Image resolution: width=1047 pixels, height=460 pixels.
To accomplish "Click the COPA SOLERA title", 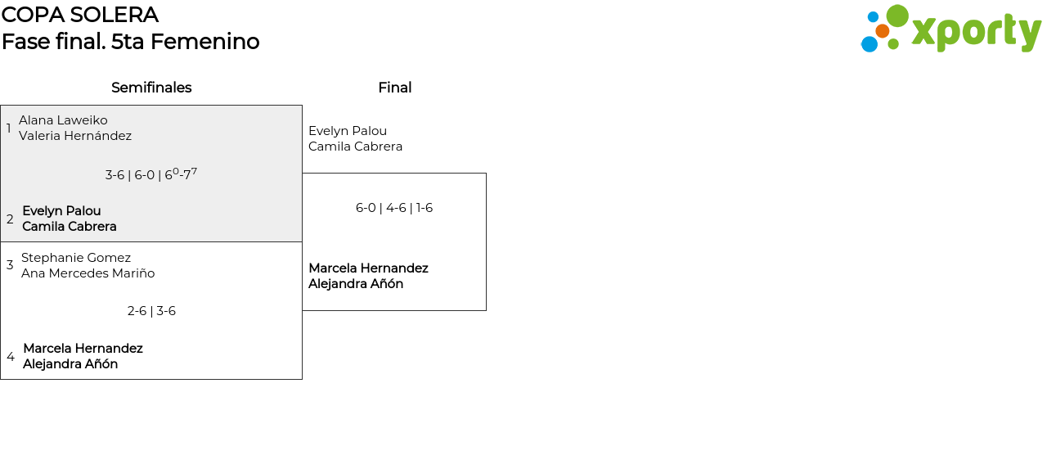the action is tap(80, 15).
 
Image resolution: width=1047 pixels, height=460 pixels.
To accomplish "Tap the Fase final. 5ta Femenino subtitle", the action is tap(130, 42).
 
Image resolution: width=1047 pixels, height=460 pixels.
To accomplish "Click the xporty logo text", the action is tap(977, 32).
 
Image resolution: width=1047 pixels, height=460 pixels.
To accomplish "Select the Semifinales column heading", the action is tap(151, 88).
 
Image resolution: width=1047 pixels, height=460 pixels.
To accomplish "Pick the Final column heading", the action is tap(395, 88).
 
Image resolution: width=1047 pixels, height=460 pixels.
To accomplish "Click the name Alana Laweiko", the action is tap(63, 120).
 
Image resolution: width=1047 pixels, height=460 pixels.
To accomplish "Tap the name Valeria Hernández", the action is tap(75, 136).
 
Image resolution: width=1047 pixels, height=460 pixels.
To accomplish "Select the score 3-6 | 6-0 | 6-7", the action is tap(151, 174).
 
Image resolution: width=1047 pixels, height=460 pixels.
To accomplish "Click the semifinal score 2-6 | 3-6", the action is tap(151, 311).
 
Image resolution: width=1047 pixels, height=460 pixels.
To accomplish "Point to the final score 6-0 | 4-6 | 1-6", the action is tap(394, 208).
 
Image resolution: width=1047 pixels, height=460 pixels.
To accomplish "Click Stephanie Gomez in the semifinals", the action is tap(76, 258).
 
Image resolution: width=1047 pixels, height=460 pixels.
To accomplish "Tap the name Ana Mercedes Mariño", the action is tap(88, 273).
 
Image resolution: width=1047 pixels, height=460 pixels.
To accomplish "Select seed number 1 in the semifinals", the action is tap(8, 128).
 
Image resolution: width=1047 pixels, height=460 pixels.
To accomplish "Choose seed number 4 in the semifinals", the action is tap(11, 357).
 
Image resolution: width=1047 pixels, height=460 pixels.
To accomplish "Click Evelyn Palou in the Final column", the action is tap(348, 131).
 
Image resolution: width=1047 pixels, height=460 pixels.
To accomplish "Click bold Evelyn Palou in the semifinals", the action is tap(61, 211).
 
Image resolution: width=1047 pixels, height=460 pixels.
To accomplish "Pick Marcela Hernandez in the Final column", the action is tap(368, 268).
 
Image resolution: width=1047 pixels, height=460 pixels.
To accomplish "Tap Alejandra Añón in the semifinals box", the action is tap(70, 363).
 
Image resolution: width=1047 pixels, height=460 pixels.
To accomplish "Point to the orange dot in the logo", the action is tap(883, 31).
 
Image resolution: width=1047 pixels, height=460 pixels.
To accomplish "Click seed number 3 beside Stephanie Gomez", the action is tap(10, 265).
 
